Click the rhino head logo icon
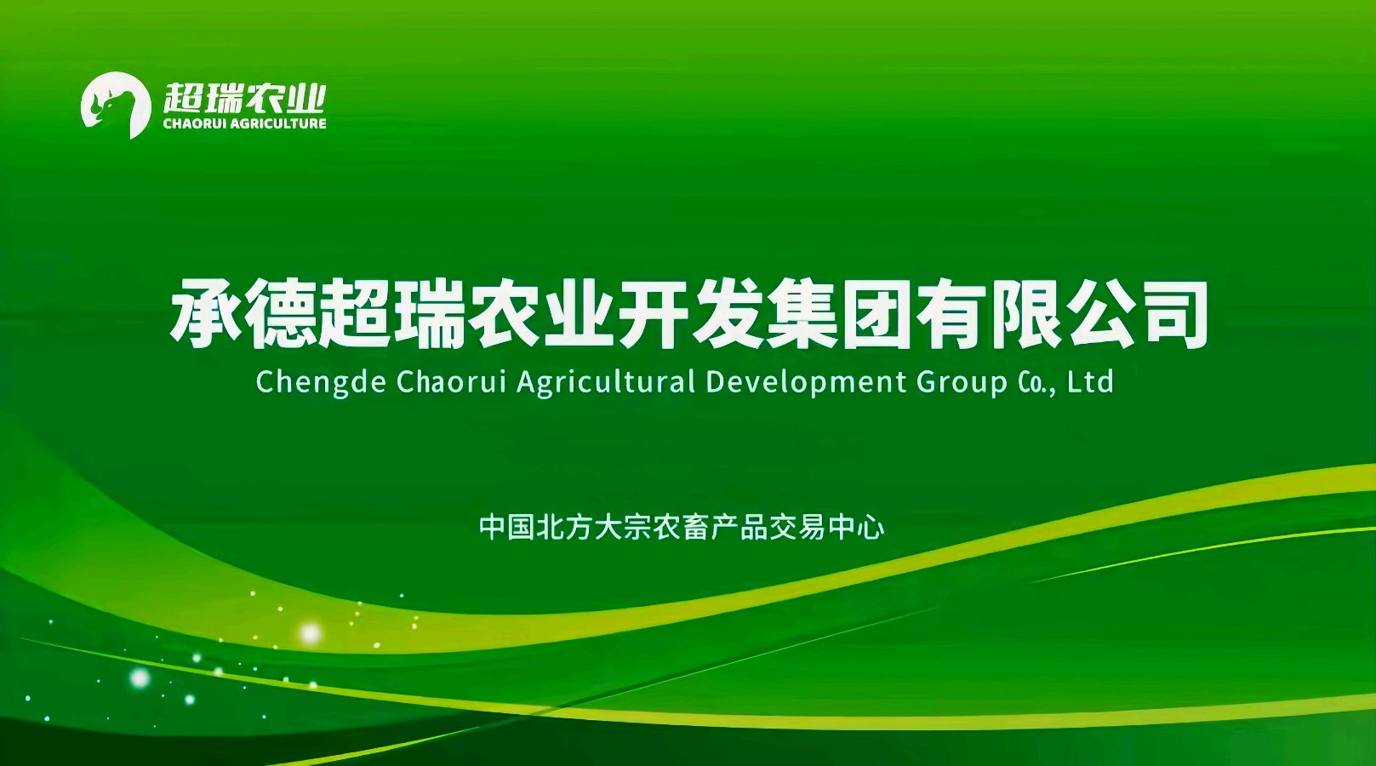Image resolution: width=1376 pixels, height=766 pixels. (x=116, y=105)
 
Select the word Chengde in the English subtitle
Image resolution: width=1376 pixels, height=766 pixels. (x=321, y=383)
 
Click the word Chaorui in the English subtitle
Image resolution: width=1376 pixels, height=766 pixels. (x=452, y=381)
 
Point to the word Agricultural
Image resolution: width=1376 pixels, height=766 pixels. (x=606, y=383)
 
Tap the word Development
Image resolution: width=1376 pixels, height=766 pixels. (x=806, y=383)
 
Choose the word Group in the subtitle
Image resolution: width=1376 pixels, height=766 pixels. (x=962, y=383)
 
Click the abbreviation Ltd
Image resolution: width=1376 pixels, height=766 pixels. (x=1090, y=381)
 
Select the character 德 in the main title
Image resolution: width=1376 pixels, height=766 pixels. (x=281, y=313)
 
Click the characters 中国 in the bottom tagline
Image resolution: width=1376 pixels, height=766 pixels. (x=506, y=528)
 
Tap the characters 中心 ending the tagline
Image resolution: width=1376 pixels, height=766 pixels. (x=856, y=528)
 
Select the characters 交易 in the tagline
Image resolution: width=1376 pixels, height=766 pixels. (x=798, y=528)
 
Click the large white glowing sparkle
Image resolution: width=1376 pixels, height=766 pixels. (x=310, y=632)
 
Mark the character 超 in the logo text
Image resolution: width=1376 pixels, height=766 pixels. (x=182, y=98)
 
